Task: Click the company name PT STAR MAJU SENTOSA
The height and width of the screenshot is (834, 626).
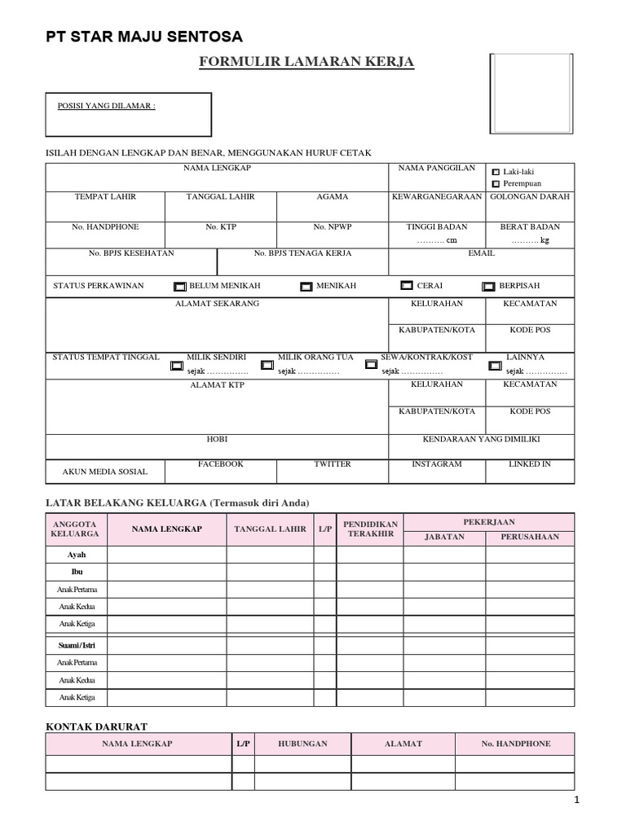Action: [x=143, y=37]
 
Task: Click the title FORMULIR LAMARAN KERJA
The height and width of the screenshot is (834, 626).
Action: [x=306, y=63]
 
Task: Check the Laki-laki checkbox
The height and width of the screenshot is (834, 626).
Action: [x=496, y=173]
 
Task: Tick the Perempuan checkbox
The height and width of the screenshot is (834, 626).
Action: [x=496, y=185]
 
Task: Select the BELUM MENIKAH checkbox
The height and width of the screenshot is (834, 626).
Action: [x=179, y=287]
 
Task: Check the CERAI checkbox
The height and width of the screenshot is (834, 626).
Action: [x=407, y=286]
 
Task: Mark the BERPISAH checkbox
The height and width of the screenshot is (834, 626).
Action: [x=488, y=287]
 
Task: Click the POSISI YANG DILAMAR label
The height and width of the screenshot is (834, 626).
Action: [x=106, y=107]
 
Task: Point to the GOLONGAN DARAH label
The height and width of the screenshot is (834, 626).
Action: [x=530, y=197]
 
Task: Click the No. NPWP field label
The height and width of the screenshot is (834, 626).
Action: [x=333, y=227]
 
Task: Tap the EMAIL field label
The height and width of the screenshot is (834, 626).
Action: [x=481, y=253]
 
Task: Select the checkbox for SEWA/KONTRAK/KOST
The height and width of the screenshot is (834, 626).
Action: [x=372, y=366]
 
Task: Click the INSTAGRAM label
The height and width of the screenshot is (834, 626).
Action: [x=437, y=464]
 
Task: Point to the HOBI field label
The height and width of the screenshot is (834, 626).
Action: [x=217, y=439]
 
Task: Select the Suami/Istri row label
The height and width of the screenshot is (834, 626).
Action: [x=76, y=645]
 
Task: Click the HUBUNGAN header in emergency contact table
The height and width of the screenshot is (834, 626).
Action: [x=302, y=744]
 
